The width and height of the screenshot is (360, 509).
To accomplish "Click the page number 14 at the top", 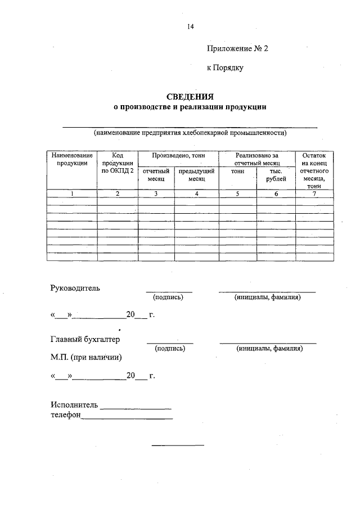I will (x=190, y=26).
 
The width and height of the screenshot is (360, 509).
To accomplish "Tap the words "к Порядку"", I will (x=224, y=68).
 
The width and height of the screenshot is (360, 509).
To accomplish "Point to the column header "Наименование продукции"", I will (x=71, y=159).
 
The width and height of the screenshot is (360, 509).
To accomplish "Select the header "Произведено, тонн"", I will (x=178, y=155).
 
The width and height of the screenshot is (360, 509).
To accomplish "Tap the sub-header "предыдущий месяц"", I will (x=196, y=174).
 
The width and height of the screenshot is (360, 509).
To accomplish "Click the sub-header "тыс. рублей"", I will (x=275, y=174).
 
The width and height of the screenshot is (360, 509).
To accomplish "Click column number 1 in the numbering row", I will (x=71, y=194).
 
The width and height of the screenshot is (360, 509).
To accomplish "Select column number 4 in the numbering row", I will (x=196, y=194).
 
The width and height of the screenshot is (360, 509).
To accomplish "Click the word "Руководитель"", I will (x=75, y=288).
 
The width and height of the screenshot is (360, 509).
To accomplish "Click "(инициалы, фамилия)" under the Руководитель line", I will (x=268, y=297).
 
